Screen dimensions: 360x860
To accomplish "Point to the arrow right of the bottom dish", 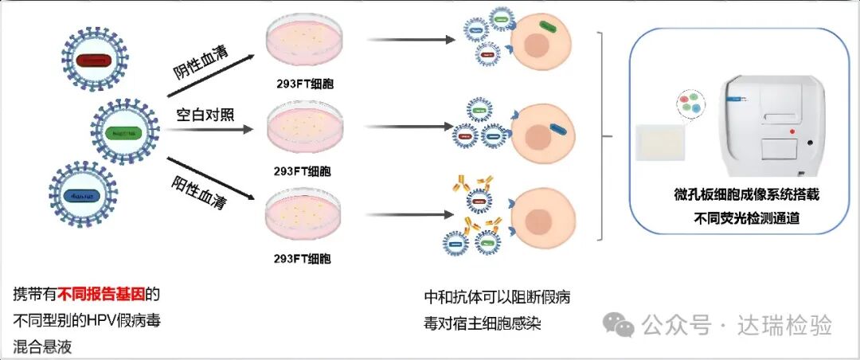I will point(404,213).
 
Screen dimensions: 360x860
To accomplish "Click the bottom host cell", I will point(541,215).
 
